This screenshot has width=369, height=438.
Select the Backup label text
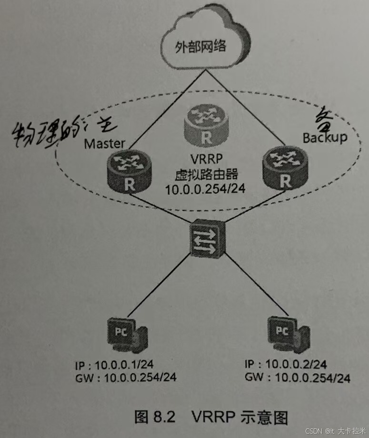click(325, 137)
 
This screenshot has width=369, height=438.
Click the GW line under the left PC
click(126, 378)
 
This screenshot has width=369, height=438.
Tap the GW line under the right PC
click(298, 378)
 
